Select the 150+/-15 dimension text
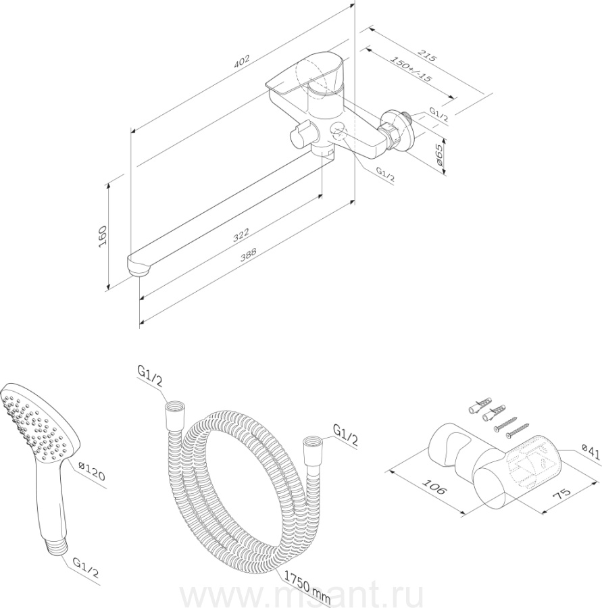(411, 69)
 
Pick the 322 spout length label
(241, 235)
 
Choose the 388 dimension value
(248, 255)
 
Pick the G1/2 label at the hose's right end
(346, 434)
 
